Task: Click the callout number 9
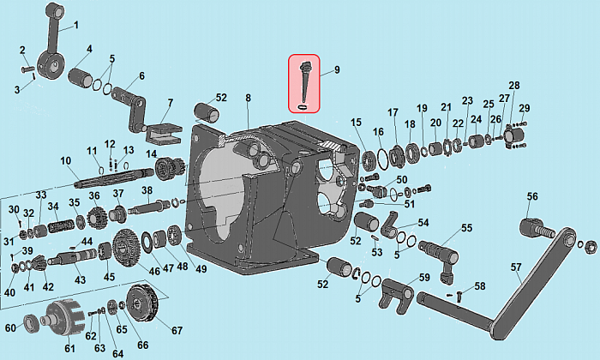coord(337,69)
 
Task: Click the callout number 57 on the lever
coord(516,267)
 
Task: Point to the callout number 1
coord(75,25)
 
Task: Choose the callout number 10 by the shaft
coord(65,161)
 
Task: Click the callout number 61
coord(69,349)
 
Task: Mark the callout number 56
coord(532,197)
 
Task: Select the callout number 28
coord(514,86)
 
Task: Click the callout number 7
coord(170,104)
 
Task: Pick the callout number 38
coord(147,190)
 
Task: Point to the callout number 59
coord(423,277)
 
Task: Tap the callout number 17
coord(393,113)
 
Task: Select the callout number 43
coord(80,280)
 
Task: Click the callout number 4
coord(89,48)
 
